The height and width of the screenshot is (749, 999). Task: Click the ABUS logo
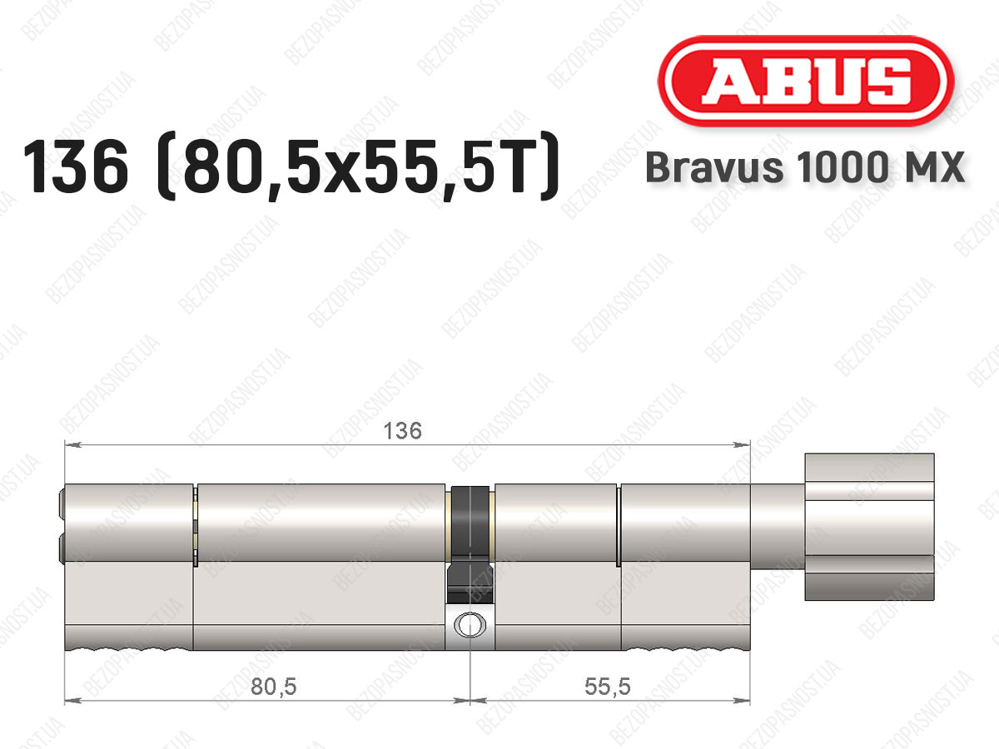[806, 82]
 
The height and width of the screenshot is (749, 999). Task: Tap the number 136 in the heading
[76, 167]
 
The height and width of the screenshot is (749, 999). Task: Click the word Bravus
[713, 167]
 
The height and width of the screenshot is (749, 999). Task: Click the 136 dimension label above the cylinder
[403, 430]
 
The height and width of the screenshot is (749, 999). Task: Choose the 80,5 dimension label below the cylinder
[274, 687]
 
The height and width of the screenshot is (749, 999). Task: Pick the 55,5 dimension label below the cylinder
[608, 687]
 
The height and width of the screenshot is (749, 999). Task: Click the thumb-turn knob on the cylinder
[869, 527]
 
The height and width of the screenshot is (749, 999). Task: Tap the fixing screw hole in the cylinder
[470, 625]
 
